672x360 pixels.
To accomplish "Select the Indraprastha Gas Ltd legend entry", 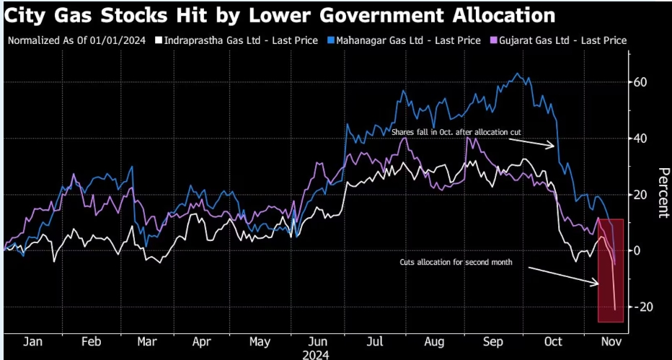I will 241,40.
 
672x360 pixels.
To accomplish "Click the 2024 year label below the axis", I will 317,354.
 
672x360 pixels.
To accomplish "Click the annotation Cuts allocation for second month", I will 456,263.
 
